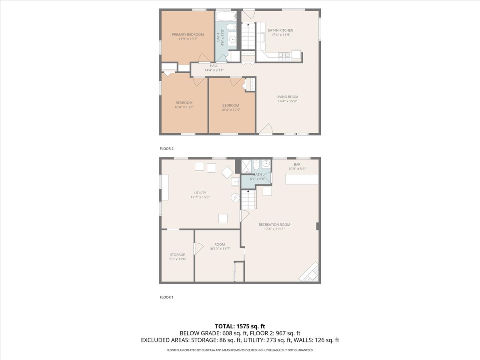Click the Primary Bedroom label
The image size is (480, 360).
pos(188,34)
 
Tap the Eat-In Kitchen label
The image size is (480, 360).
pos(280,30)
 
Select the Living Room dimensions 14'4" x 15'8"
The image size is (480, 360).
pos(287,101)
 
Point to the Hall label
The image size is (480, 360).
pos(214,66)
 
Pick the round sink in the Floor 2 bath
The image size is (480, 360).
pos(232,39)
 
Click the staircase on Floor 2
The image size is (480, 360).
pos(248,36)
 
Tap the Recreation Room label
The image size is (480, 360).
pos(274,224)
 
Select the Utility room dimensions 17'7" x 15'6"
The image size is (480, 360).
pos(200,197)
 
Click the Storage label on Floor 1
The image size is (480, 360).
pos(177,254)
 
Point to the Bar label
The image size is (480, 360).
pos(297,164)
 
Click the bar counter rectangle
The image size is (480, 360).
pos(302,179)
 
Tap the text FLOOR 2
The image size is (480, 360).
pos(167,148)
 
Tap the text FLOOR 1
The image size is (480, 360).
pos(167,297)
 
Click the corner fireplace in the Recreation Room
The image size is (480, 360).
pos(310,273)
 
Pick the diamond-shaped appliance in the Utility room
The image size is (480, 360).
pos(228,172)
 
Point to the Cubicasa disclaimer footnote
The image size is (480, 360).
pos(240,350)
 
